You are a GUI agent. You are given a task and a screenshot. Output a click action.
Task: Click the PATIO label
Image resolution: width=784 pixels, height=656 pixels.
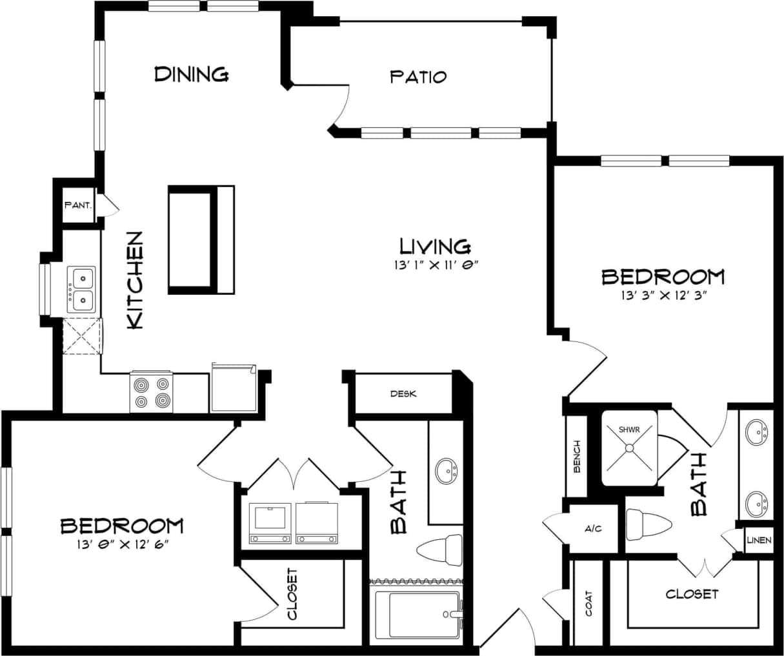[x=418, y=77]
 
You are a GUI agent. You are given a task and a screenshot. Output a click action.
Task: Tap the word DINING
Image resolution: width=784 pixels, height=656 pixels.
[x=191, y=74]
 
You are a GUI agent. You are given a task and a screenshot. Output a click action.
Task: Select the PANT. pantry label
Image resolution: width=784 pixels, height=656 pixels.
[x=78, y=206]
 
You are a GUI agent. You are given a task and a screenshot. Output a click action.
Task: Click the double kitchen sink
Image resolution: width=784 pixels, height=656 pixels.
[x=81, y=289]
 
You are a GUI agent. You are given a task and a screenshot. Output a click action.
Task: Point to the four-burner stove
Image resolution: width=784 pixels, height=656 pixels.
[x=151, y=393]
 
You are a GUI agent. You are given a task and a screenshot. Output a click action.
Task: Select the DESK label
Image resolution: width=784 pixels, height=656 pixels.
[x=403, y=393]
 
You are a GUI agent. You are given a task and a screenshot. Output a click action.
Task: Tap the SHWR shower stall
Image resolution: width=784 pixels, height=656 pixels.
[x=629, y=449]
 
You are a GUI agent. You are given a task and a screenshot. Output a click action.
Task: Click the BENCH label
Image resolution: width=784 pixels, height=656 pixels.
[x=577, y=457]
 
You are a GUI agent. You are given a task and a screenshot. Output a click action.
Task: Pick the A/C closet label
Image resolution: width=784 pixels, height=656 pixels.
[x=593, y=529]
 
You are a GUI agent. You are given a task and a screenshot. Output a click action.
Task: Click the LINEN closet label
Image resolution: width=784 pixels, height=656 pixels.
[x=758, y=540]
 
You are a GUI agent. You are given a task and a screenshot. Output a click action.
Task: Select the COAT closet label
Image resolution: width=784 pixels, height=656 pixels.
[x=588, y=604]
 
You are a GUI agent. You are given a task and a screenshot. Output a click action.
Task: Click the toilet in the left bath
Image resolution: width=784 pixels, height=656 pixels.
[x=440, y=550]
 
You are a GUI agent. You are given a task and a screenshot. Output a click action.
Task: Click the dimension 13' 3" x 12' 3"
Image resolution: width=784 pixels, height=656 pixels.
[x=662, y=296]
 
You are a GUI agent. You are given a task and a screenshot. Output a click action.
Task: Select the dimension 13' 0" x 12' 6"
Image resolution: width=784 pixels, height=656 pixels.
[x=122, y=544]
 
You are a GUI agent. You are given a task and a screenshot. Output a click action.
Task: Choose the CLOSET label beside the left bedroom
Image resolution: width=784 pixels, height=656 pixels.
[x=292, y=593]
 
